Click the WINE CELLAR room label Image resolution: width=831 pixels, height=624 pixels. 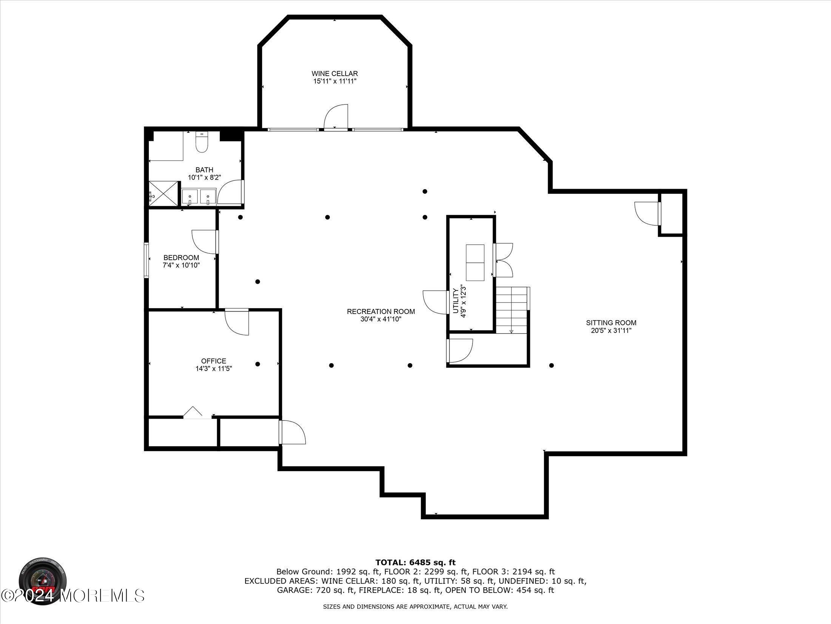point(334,73)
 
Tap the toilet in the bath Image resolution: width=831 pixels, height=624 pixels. point(202,143)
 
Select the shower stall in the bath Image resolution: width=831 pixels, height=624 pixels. point(163,194)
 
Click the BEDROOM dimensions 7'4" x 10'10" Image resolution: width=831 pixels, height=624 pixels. point(181,265)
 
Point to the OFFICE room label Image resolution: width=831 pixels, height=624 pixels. point(213,361)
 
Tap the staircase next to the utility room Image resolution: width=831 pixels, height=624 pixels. point(511,310)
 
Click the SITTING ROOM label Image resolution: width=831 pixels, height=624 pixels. point(611,323)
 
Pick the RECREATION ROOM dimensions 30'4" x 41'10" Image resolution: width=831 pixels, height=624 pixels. point(380,319)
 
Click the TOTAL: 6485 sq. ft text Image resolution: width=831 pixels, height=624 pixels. point(415,563)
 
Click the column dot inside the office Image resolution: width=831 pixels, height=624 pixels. point(258,364)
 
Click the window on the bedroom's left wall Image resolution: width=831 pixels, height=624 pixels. point(146,261)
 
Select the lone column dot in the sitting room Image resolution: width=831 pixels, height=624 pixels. point(551,365)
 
